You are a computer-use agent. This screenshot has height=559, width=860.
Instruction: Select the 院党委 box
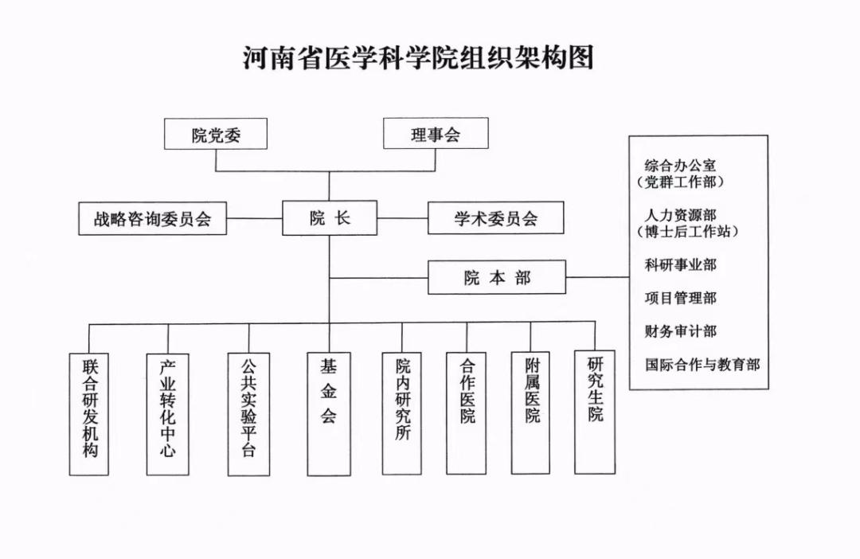pyautogui.click(x=216, y=134)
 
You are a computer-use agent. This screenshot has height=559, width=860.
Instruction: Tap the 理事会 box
pyautogui.click(x=436, y=134)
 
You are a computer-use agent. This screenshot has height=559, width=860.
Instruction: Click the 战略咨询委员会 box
pyautogui.click(x=153, y=218)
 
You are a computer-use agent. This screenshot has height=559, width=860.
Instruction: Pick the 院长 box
pyautogui.click(x=330, y=217)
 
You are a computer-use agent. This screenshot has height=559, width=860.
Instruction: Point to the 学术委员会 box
pyautogui.click(x=496, y=217)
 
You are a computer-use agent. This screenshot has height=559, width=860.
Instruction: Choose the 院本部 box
pyautogui.click(x=497, y=277)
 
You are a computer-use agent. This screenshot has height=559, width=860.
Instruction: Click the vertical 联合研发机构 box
pyautogui.click(x=89, y=413)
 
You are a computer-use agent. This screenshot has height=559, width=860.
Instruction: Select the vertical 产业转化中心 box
pyautogui.click(x=168, y=413)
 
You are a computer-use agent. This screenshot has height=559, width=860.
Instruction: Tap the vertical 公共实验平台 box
pyautogui.click(x=248, y=414)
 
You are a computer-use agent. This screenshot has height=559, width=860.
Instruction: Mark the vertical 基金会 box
pyautogui.click(x=329, y=413)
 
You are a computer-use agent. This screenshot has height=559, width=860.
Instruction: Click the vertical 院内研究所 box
pyautogui.click(x=403, y=413)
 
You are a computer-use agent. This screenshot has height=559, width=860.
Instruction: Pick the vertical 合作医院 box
pyautogui.click(x=467, y=412)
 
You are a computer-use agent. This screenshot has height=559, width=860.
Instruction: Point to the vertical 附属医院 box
pyautogui.click(x=532, y=412)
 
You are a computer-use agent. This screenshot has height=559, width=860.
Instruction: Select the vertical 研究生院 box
pyautogui.click(x=596, y=411)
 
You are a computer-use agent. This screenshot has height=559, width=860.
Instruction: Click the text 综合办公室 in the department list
pyautogui.click(x=680, y=166)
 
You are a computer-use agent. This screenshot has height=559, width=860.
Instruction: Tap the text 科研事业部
pyautogui.click(x=680, y=264)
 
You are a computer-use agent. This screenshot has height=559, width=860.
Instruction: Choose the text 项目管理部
pyautogui.click(x=680, y=298)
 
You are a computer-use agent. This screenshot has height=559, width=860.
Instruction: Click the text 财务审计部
pyautogui.click(x=680, y=331)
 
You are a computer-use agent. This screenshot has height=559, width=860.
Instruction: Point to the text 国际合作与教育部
pyautogui.click(x=702, y=365)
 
